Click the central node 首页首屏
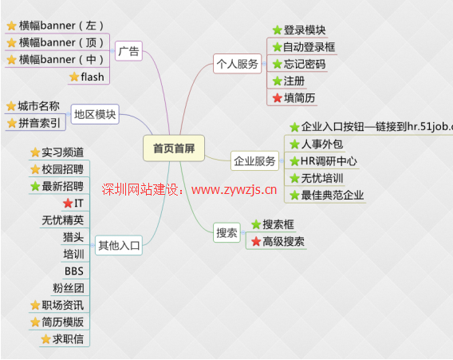174,148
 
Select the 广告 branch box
128,51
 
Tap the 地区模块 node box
95,114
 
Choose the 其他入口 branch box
119,245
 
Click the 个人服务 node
237,64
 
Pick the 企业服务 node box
254,160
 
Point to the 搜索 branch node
226,232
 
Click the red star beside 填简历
278,98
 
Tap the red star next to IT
68,204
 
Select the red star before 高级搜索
256,241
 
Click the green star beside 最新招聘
35,186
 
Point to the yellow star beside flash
74,77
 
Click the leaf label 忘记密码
305,64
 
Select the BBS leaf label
74,271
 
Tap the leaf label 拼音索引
39,123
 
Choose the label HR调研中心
329,161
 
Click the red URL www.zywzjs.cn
234,190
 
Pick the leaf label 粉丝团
68,288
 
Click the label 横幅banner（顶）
61,43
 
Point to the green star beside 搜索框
256,224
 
